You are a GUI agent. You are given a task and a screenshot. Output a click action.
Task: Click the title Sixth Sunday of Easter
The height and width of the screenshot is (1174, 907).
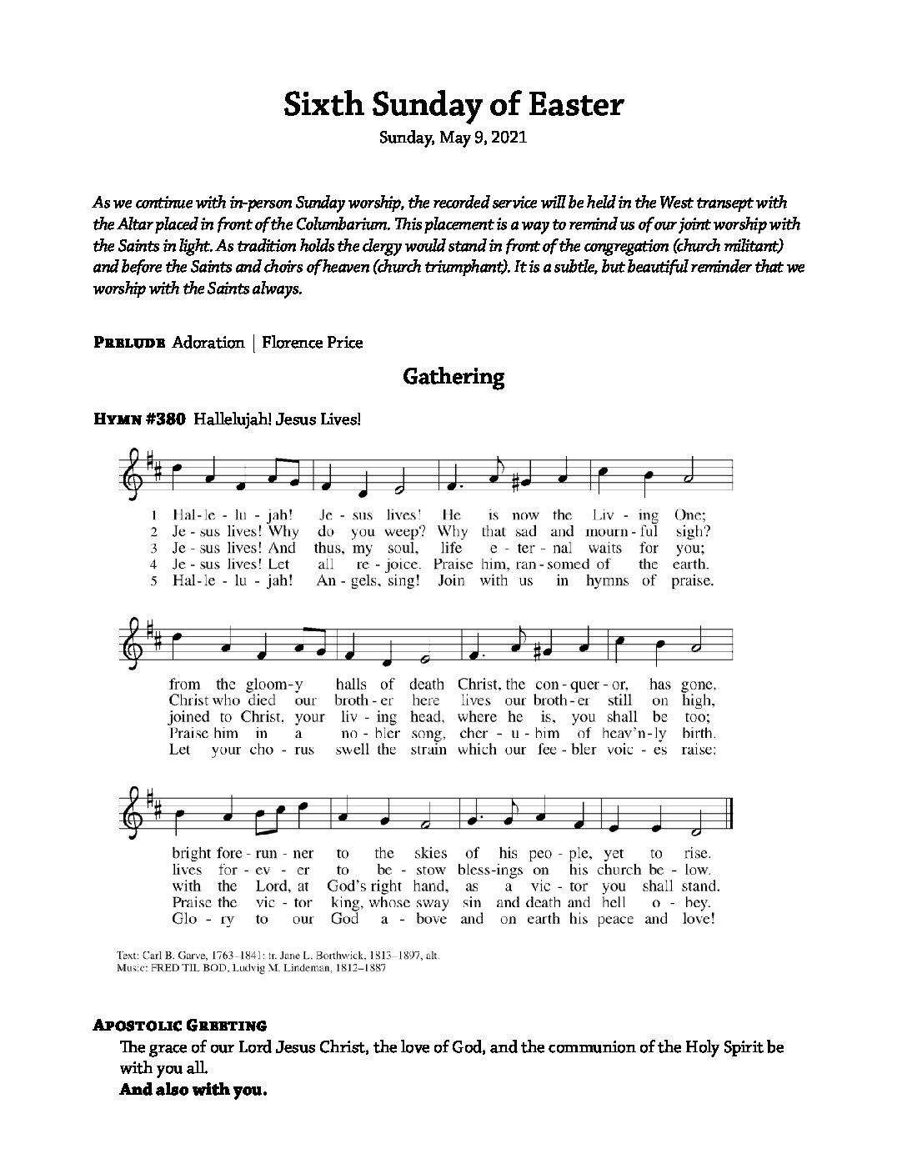point(453,106)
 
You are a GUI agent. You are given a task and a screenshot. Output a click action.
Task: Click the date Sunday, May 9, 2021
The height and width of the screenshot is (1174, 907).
point(453,138)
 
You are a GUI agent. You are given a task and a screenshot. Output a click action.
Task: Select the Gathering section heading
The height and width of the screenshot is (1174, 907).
point(453,377)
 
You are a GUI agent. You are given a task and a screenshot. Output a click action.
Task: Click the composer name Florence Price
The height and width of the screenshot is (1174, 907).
point(313,343)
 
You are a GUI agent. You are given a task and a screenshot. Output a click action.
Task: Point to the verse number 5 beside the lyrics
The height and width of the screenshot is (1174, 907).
point(154,581)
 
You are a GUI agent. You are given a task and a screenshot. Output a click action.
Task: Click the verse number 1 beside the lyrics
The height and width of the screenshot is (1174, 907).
point(154,515)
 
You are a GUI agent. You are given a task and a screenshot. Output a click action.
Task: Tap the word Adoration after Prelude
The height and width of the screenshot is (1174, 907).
point(208,343)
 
